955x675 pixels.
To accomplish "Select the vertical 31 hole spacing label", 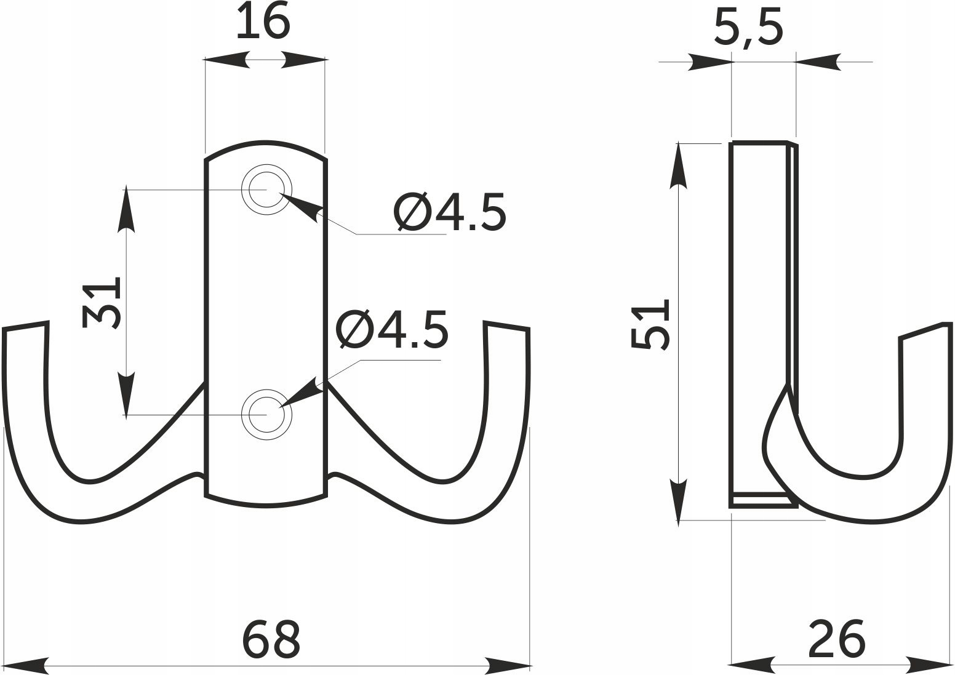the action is pyautogui.click(x=102, y=303).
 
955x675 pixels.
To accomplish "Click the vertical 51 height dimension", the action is pyautogui.click(x=650, y=324).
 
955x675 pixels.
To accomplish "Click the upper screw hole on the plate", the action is pyautogui.click(x=267, y=189).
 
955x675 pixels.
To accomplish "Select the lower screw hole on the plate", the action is pyautogui.click(x=267, y=415).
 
